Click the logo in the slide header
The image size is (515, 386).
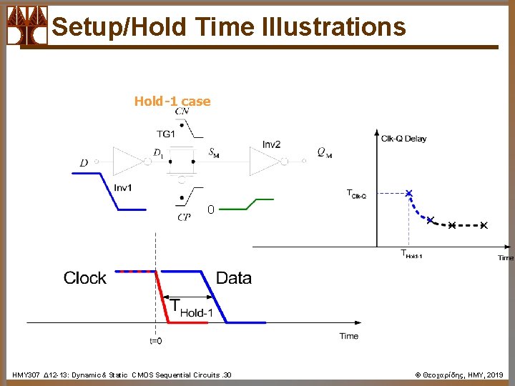26,26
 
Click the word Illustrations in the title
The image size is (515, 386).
334,27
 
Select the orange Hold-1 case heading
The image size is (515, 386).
172,102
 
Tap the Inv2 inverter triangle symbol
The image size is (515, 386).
265,162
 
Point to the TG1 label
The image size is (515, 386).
166,134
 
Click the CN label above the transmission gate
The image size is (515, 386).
182,112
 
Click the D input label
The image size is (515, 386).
84,163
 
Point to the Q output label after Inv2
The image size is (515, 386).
324,152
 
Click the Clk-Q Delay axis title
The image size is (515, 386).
403,139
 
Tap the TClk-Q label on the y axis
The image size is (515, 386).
356,194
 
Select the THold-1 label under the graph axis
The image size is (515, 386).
411,254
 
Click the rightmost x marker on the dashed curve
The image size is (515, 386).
484,226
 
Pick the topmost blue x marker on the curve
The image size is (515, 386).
408,193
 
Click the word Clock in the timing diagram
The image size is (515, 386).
84,278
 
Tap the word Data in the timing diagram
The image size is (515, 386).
233,278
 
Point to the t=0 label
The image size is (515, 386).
155,341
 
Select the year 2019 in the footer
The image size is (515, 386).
495,375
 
